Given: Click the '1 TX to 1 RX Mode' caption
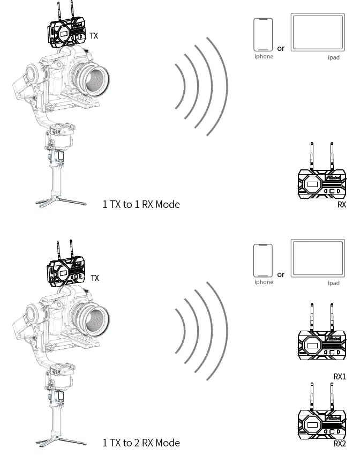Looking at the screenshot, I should (x=141, y=204).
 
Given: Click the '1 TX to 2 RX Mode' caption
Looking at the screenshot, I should (x=141, y=443).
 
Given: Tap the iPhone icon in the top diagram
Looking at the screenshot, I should (x=264, y=34).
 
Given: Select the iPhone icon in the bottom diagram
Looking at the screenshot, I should (x=263, y=260).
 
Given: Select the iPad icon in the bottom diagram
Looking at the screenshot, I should (x=318, y=258).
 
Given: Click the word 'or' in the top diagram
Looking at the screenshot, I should (x=281, y=48).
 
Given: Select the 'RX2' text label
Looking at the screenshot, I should (x=340, y=443).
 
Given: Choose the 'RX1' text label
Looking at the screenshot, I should (x=340, y=377).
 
